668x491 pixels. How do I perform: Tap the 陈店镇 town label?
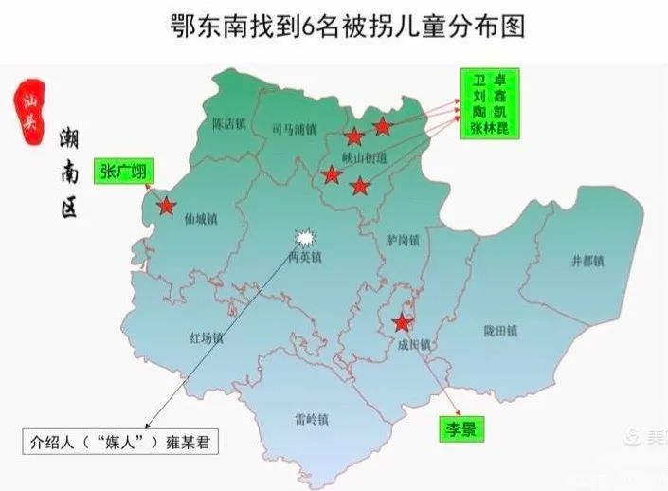(230, 123)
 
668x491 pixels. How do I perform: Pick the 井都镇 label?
(587, 261)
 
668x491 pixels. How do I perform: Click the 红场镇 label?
(206, 338)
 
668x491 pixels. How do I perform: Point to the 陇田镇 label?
(499, 332)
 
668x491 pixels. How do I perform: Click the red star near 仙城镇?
(167, 205)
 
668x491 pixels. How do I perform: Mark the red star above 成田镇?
(403, 322)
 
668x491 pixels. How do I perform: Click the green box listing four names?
(489, 103)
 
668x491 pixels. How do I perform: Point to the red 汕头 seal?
(26, 111)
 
